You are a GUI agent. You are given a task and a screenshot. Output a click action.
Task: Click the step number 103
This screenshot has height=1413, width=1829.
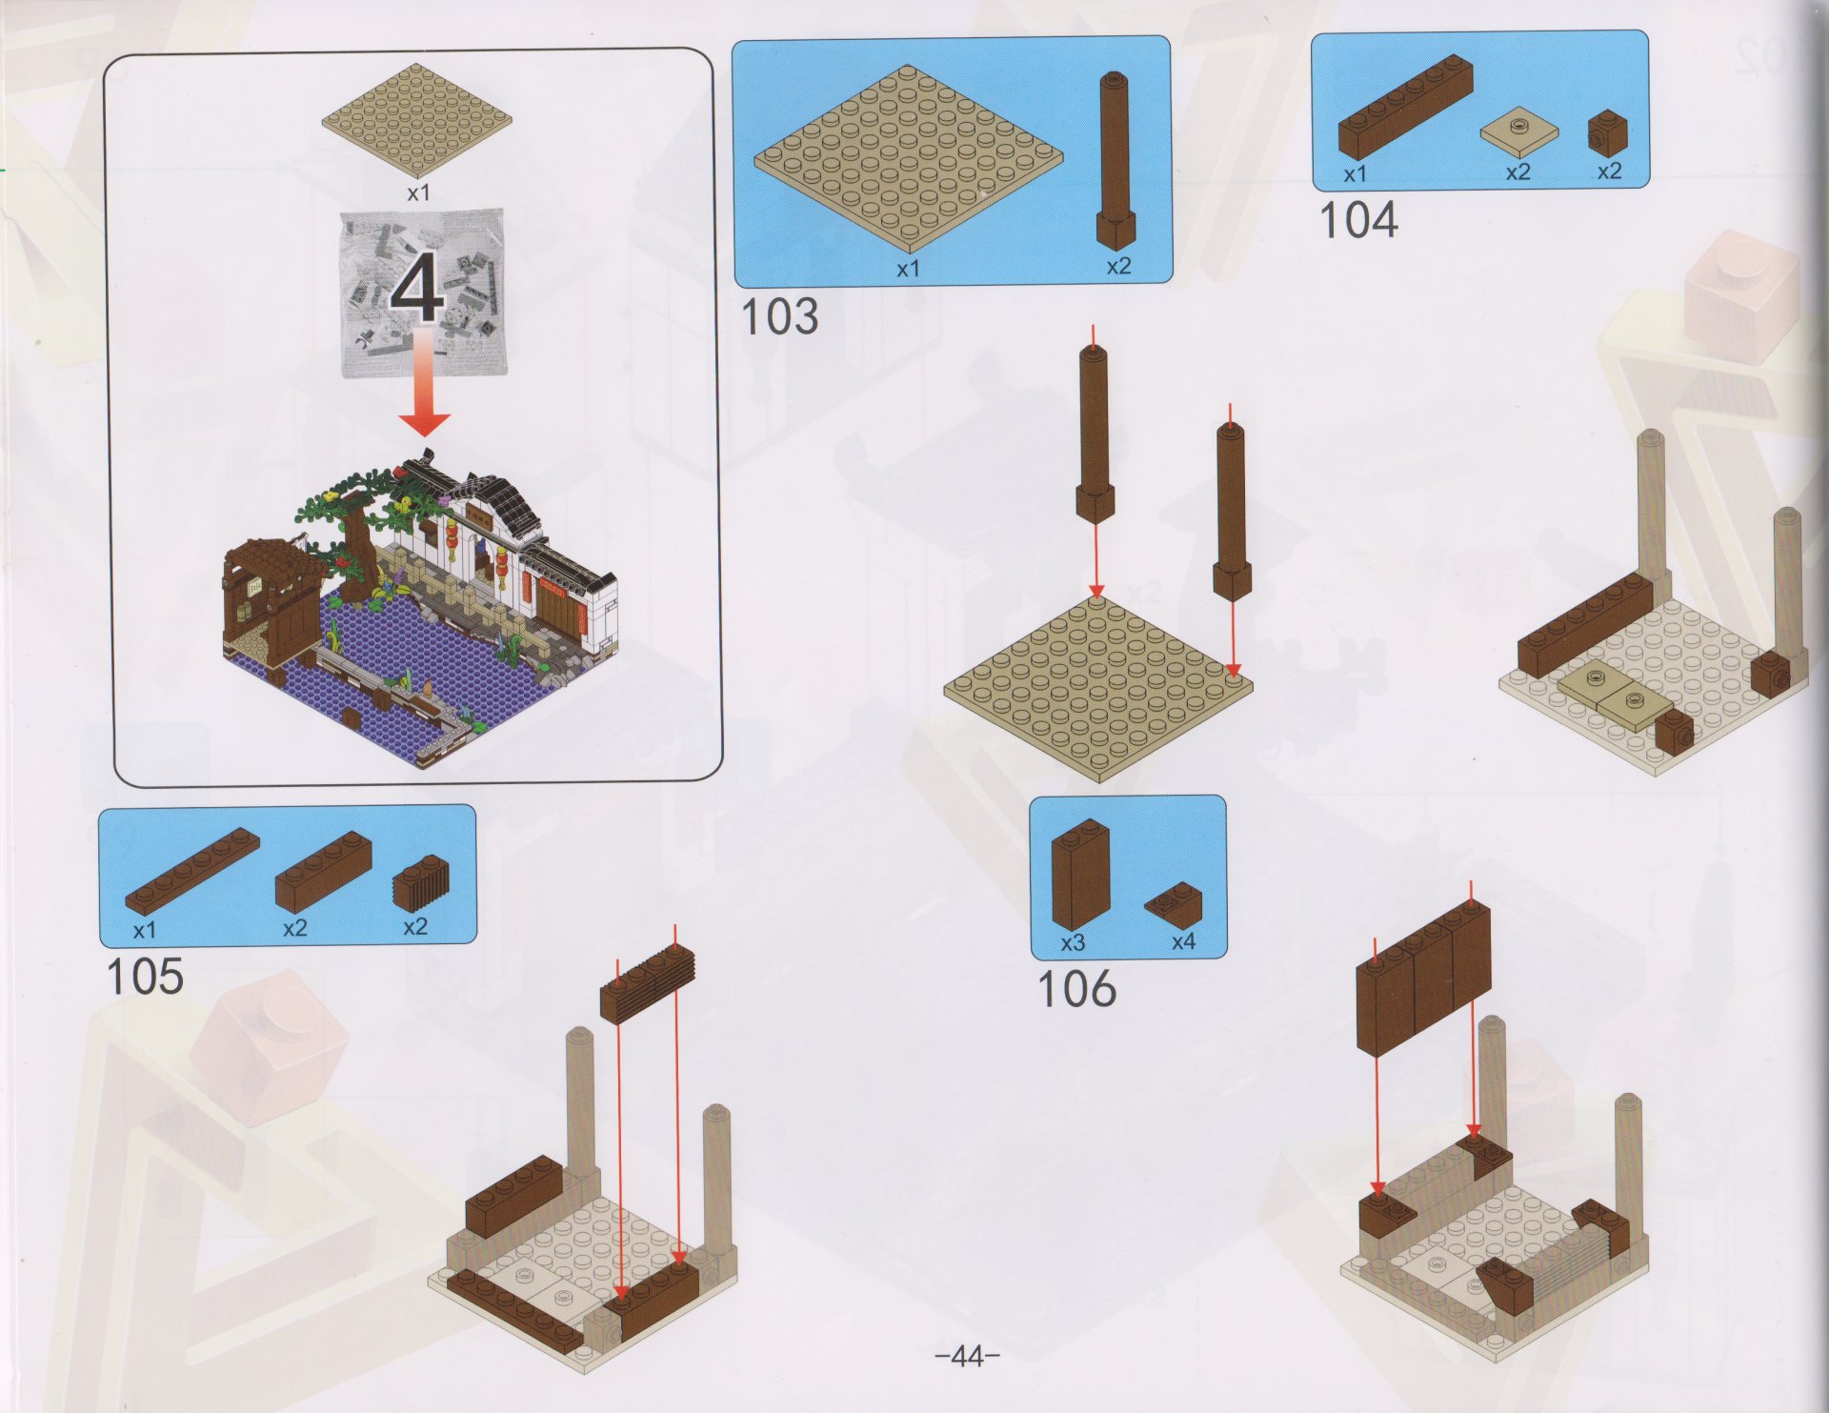pos(779,317)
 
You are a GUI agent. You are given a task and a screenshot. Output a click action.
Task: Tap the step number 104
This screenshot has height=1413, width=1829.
pos(1358,220)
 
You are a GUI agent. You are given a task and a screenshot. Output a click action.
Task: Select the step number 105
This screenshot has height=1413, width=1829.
pos(144,977)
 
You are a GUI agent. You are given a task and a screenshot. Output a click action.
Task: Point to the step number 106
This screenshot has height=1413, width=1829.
pos(1075,989)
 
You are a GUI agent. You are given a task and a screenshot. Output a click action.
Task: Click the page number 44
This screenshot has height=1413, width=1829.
pos(967,1356)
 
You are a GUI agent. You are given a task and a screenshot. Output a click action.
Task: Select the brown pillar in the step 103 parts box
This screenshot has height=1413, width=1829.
pos(1115,161)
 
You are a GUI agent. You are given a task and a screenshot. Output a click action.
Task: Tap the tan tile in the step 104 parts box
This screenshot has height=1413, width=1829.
pos(1519,135)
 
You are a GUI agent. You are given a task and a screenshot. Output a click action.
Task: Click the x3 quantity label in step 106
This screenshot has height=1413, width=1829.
pos(1073,943)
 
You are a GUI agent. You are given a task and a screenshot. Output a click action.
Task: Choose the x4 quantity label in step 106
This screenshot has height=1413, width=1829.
pos(1183,942)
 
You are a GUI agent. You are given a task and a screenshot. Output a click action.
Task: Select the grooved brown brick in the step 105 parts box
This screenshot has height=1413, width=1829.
pos(421,885)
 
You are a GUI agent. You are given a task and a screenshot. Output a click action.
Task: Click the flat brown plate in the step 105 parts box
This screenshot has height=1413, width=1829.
pos(192,873)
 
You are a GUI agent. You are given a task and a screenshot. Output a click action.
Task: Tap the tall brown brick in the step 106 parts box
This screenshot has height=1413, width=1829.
pos(1080,874)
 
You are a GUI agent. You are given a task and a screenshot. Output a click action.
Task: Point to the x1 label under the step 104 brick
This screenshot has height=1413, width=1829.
pos(1355,174)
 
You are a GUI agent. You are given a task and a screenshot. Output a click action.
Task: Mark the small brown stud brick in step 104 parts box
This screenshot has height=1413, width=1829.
pos(1608,133)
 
